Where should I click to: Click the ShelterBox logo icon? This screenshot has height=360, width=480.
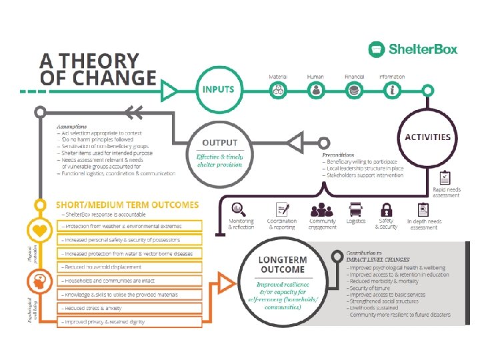(377, 49)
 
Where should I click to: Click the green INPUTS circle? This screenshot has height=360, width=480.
(219, 89)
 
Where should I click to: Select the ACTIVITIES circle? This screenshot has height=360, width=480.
(427, 137)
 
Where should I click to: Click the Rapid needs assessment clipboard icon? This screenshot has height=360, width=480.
(445, 178)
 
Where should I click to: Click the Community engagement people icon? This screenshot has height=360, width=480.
(322, 209)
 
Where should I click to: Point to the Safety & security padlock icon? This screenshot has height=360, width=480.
(386, 209)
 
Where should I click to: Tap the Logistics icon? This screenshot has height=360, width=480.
(356, 209)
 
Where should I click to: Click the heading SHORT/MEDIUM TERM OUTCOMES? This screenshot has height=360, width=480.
(127, 205)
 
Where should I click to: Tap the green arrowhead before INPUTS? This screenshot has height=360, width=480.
(169, 89)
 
